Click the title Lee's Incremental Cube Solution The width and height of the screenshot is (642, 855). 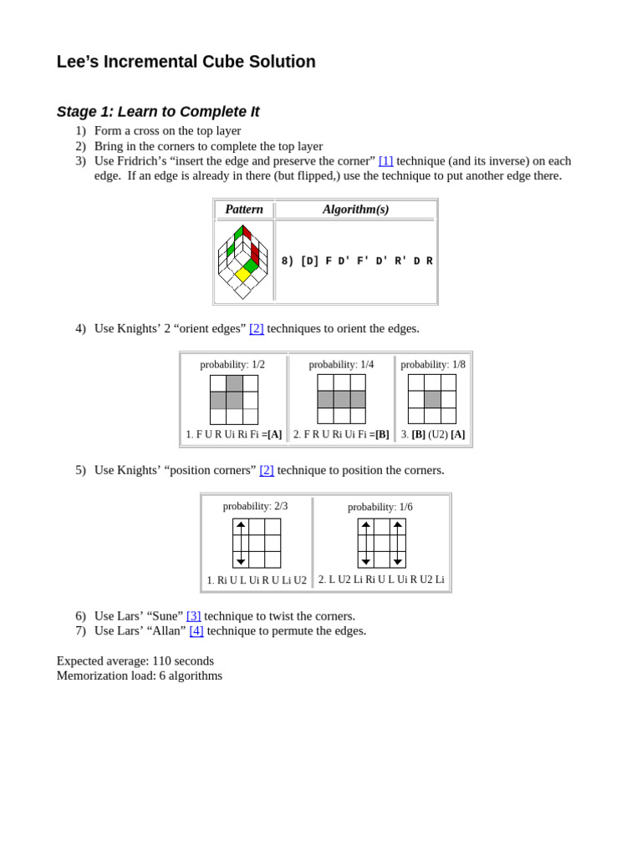coord(186,62)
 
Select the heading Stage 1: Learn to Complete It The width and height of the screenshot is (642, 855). coord(158,112)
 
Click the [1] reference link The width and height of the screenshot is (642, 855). coord(385,160)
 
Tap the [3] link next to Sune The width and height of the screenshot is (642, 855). coord(193,615)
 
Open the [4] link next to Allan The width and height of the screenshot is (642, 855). coord(196,630)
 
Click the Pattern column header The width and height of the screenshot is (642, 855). coord(244,210)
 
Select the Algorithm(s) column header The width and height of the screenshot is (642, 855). coord(355,210)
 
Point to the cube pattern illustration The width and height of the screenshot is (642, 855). coord(243,261)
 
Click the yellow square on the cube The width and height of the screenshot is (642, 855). coord(242,274)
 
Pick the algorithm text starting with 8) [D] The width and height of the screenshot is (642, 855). coord(357,261)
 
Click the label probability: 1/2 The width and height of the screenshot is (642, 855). coord(232,365)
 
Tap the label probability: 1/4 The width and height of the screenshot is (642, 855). coord(341,365)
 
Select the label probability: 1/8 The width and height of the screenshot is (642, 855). coord(433,365)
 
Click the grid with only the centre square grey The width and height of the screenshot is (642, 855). coord(432,399)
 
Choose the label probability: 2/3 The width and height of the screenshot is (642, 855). coord(255,506)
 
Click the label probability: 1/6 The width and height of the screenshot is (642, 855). coord(380,507)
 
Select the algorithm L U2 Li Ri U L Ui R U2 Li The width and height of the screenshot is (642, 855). coord(381,579)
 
